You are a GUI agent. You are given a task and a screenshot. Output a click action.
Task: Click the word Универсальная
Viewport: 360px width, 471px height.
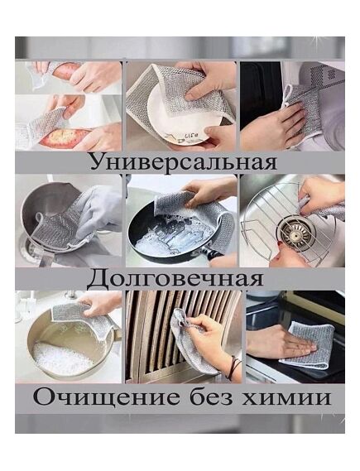(x=184, y=162)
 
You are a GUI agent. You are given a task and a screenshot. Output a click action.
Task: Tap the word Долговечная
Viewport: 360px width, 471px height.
(x=175, y=278)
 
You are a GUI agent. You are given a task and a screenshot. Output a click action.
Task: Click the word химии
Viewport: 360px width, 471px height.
(x=286, y=397)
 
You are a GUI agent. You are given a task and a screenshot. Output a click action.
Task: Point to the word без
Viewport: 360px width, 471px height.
(x=211, y=397)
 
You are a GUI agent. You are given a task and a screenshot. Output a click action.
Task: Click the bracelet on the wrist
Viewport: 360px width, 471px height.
(x=233, y=368)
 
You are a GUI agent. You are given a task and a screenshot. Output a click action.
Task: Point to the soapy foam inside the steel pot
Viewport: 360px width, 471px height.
(x=61, y=358)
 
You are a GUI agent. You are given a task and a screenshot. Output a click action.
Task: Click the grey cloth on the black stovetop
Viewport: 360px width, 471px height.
(x=310, y=344)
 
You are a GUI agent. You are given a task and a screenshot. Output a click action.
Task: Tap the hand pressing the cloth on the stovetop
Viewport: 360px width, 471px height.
(x=278, y=344)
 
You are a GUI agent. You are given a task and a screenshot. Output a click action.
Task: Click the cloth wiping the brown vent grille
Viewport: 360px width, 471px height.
(x=186, y=339)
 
